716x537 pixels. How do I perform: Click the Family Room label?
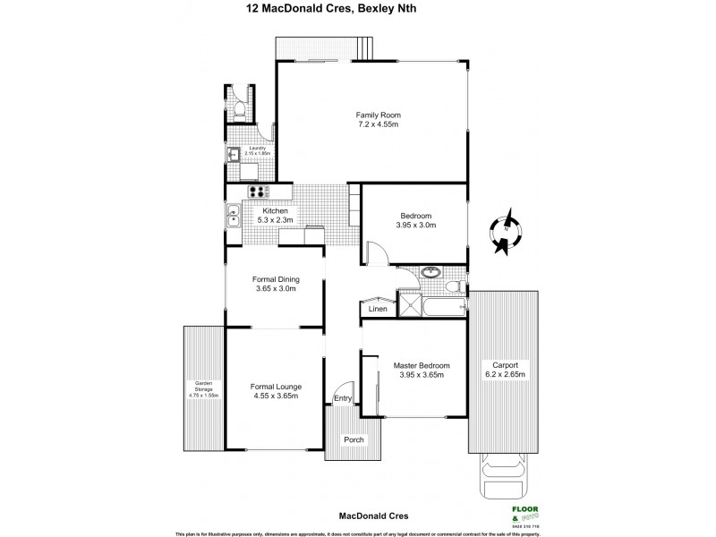pyautogui.click(x=377, y=115)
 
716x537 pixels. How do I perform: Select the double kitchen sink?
pyautogui.click(x=233, y=215)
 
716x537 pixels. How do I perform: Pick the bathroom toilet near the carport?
pyautogui.click(x=455, y=286)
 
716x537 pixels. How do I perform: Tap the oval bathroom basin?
pyautogui.click(x=430, y=272)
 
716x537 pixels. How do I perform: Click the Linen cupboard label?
pyautogui.click(x=377, y=310)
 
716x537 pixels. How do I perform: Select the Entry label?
pyautogui.click(x=343, y=398)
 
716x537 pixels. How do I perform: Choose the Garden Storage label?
pyautogui.click(x=203, y=388)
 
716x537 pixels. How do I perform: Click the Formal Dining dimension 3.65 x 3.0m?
pyautogui.click(x=276, y=288)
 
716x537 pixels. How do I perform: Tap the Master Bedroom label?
pyautogui.click(x=421, y=365)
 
